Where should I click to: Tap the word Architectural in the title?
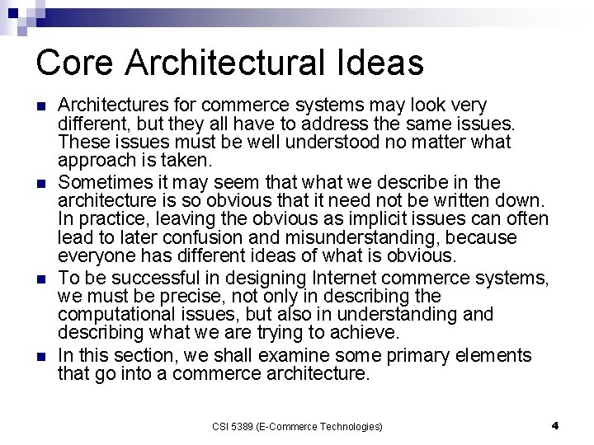[219, 63]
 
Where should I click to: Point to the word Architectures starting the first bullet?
[114, 106]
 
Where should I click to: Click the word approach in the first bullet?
[92, 161]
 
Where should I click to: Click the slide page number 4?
[555, 425]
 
